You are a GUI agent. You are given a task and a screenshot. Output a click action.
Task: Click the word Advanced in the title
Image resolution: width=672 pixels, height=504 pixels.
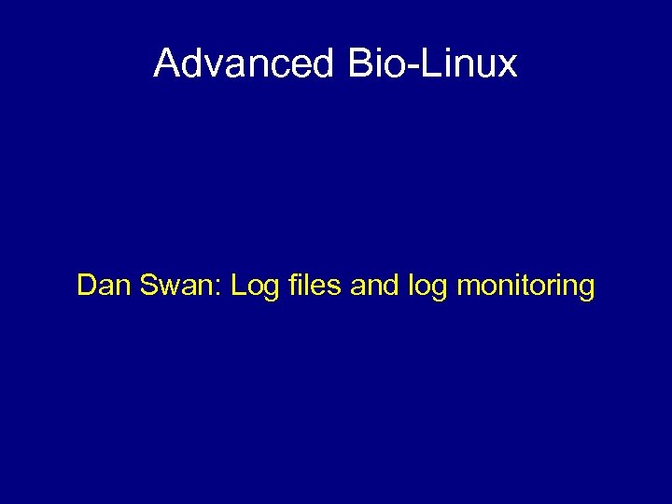(244, 63)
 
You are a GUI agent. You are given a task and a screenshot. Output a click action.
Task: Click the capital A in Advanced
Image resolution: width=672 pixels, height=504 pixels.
(167, 63)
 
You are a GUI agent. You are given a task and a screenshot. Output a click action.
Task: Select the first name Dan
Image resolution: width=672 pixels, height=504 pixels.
(103, 285)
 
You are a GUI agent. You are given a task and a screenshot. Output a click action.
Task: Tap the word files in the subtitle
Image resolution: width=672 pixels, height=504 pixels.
(315, 285)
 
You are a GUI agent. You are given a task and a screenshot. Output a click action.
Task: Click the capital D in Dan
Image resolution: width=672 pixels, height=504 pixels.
(87, 285)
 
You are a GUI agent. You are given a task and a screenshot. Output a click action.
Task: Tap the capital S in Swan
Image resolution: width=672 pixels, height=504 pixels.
(147, 285)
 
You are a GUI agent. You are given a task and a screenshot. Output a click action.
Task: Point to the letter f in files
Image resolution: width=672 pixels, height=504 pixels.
(291, 284)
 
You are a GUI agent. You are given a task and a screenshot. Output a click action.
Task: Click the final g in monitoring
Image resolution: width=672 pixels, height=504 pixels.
(585, 288)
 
